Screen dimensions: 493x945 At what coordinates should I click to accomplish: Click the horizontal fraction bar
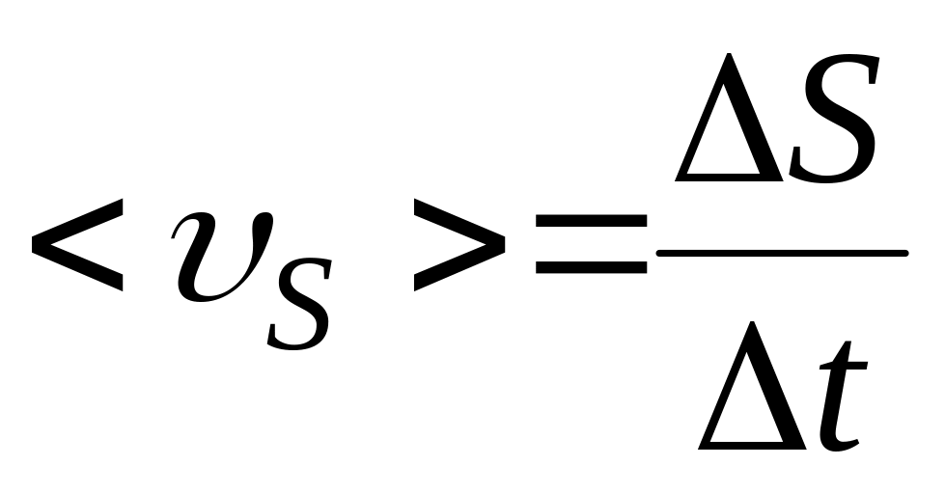click(782, 254)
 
